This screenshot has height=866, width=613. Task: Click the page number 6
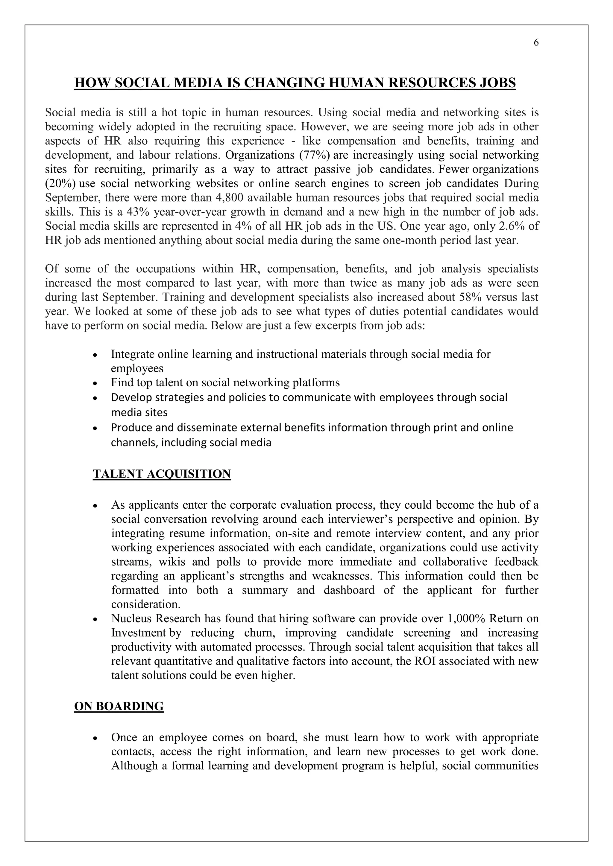click(536, 43)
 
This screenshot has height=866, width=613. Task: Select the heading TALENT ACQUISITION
click(162, 474)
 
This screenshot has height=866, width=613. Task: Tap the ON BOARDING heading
click(119, 706)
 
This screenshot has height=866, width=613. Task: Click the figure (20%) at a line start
click(60, 184)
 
